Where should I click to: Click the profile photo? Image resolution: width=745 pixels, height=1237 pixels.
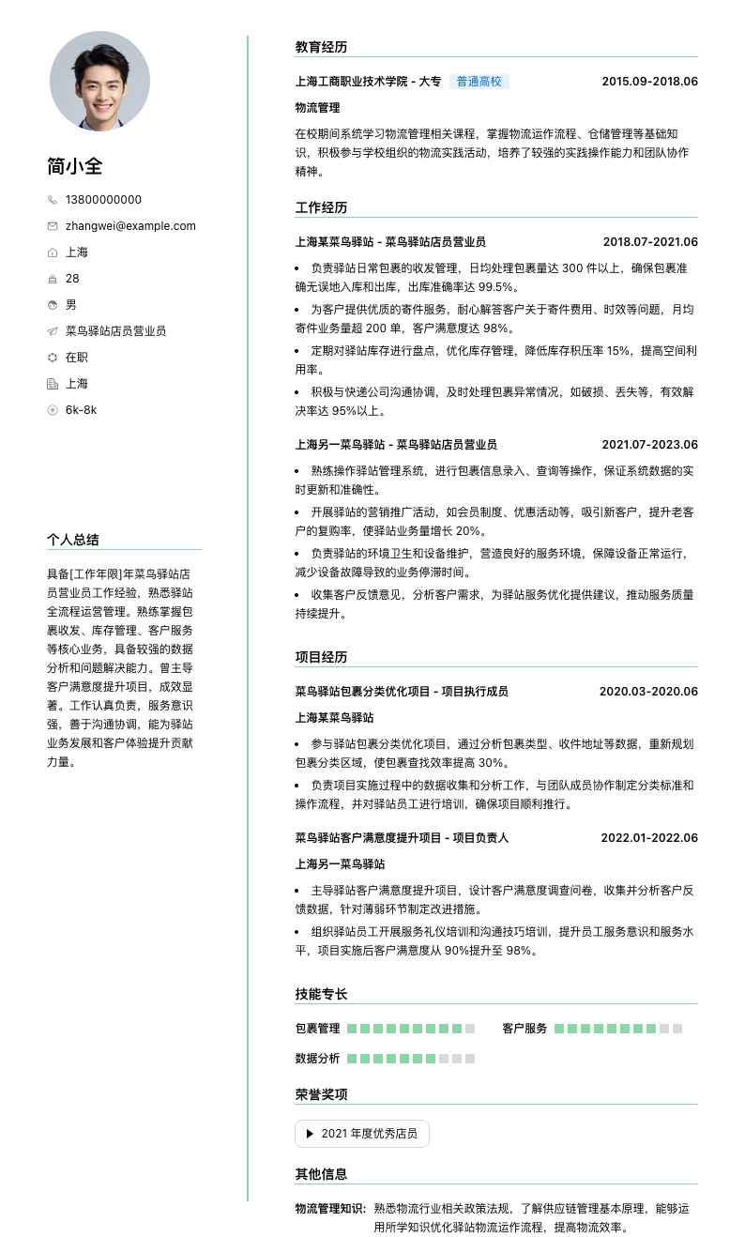(x=99, y=81)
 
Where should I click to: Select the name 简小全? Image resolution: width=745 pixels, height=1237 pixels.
(x=75, y=166)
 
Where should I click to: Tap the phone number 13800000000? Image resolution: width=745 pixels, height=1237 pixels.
(x=103, y=200)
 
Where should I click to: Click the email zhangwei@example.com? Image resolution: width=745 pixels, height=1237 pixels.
(x=130, y=226)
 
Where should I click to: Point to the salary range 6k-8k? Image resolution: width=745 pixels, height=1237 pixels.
(x=81, y=410)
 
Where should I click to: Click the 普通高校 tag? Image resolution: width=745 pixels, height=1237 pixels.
(x=479, y=82)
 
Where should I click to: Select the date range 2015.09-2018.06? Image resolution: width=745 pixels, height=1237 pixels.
(x=649, y=82)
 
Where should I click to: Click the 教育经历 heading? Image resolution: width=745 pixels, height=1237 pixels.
(x=321, y=47)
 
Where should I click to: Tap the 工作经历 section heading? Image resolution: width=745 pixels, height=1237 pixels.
(x=321, y=207)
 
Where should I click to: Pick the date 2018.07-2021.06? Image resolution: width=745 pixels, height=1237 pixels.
(x=650, y=242)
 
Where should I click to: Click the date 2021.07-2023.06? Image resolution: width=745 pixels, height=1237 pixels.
(x=649, y=445)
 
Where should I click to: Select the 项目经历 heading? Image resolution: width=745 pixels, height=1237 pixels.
(x=321, y=657)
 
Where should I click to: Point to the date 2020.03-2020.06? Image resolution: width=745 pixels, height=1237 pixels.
(x=648, y=692)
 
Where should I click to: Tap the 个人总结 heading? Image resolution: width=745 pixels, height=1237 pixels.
(x=73, y=540)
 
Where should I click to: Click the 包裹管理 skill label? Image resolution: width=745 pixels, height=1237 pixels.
(x=317, y=1029)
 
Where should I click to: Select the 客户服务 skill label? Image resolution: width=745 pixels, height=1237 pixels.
(x=525, y=1029)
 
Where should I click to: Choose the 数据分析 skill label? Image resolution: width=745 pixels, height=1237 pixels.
(x=317, y=1059)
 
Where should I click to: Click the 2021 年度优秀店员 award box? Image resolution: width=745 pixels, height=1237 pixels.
(x=362, y=1134)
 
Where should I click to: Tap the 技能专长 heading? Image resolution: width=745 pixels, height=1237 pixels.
(x=321, y=994)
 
